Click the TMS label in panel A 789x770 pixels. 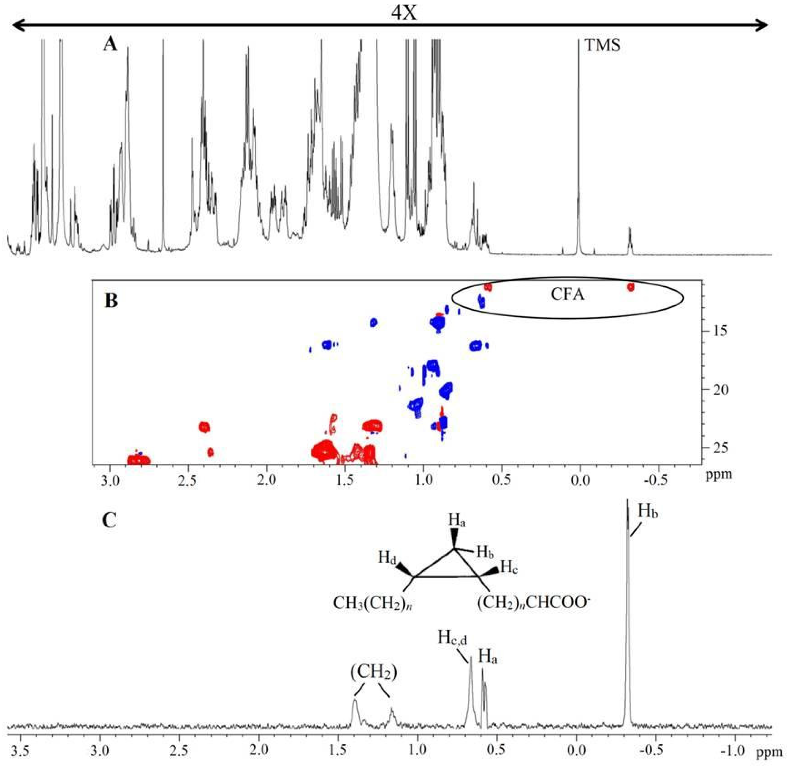coord(602,45)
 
